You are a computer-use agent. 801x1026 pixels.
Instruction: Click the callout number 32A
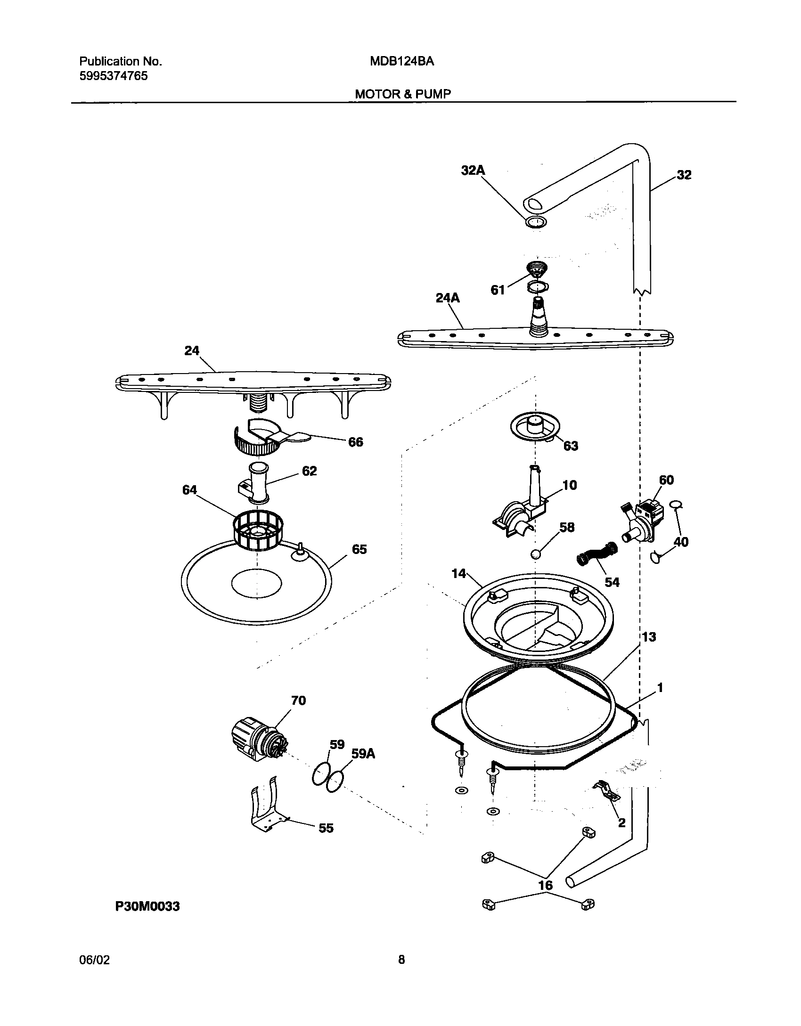click(473, 171)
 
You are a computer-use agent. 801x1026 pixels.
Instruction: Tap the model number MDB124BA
click(401, 61)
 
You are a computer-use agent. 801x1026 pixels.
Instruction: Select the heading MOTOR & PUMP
click(402, 94)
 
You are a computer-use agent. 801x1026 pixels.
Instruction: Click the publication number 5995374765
click(113, 76)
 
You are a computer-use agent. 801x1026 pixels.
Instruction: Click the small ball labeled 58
click(535, 554)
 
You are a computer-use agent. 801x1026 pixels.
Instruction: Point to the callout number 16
click(545, 886)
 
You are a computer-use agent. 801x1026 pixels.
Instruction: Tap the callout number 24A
click(448, 298)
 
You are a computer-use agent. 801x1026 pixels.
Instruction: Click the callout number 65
click(359, 549)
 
